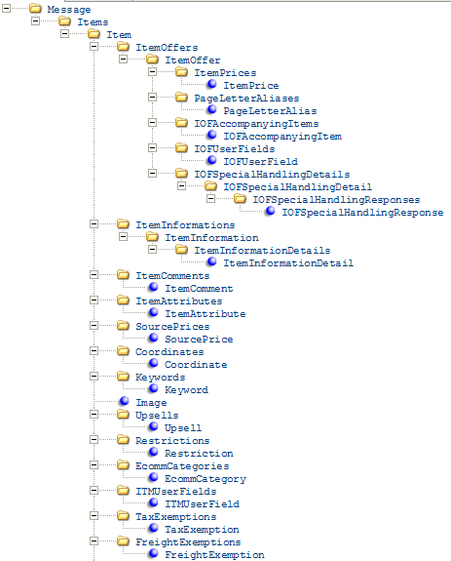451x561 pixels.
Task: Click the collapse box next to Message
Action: coord(7,8)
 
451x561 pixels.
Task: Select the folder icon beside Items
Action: coord(64,21)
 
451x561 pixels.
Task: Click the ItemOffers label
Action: coord(167,47)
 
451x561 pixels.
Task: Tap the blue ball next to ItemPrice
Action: coord(211,84)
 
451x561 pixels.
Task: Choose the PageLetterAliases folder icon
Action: coord(181,98)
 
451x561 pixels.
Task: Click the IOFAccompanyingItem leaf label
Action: coord(282,137)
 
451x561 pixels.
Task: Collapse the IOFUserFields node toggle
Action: coord(153,147)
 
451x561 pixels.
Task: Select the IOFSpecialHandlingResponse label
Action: coord(362,213)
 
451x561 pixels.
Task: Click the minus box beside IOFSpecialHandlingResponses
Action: coord(211,199)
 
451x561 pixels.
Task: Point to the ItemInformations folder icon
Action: coord(123,224)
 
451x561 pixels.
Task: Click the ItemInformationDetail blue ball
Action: coord(211,261)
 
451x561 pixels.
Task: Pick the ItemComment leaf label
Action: coord(199,289)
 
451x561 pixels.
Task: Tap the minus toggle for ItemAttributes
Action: coord(94,300)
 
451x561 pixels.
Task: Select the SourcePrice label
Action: coord(199,340)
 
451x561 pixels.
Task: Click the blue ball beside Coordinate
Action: coord(154,363)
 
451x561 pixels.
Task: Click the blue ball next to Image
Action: coord(125,401)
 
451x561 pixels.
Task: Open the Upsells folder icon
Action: coord(123,415)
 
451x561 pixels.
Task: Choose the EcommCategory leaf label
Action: coord(206,479)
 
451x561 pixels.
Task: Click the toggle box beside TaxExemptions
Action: coord(94,515)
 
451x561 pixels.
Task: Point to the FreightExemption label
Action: coord(214,555)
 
